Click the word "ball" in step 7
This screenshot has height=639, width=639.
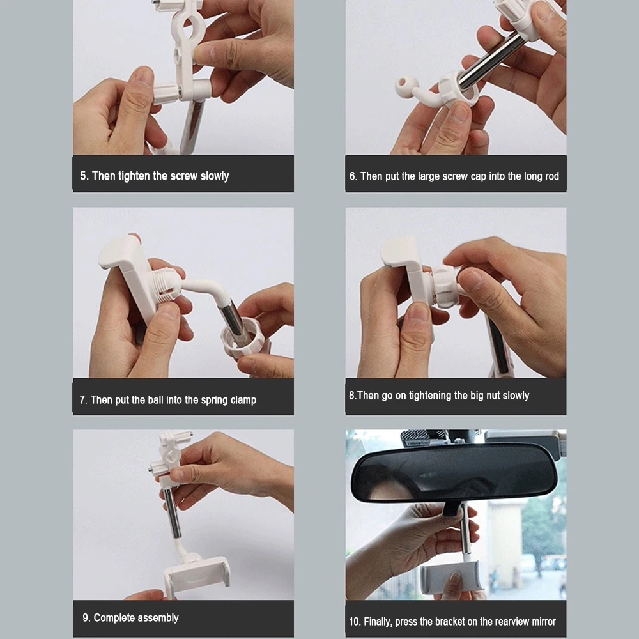[x=156, y=400]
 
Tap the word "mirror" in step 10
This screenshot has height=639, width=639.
[x=544, y=622]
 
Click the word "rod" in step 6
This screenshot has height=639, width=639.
[x=552, y=176]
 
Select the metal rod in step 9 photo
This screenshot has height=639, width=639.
[x=173, y=511]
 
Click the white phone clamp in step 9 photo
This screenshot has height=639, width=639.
[x=197, y=575]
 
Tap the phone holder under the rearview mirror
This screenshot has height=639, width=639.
[x=453, y=576]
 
